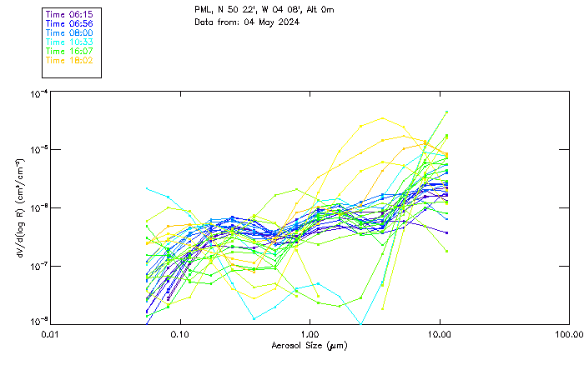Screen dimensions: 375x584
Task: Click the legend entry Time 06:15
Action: [69, 15]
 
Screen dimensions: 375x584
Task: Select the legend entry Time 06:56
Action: [69, 24]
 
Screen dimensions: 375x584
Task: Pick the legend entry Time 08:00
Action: [69, 33]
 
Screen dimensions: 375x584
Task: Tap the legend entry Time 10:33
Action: [69, 42]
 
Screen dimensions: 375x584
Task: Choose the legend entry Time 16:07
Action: [69, 52]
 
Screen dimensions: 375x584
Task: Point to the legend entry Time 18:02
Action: [69, 61]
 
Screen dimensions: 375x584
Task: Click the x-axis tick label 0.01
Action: [51, 333]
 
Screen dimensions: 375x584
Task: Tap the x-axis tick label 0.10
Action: [180, 333]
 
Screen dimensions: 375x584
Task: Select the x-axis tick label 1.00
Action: [310, 333]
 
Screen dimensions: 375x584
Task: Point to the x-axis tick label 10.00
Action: [439, 333]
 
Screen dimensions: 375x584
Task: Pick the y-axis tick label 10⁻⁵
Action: [37, 149]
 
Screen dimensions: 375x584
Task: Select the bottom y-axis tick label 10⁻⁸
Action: [37, 321]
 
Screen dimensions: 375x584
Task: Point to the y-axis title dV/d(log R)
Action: [20, 207]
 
